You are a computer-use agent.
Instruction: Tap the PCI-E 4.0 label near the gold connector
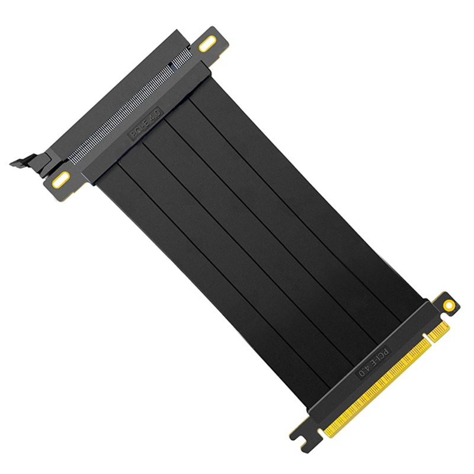tap(373, 363)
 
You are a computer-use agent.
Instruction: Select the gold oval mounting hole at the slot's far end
tap(207, 43)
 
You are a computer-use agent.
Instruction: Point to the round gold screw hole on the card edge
tap(449, 306)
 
